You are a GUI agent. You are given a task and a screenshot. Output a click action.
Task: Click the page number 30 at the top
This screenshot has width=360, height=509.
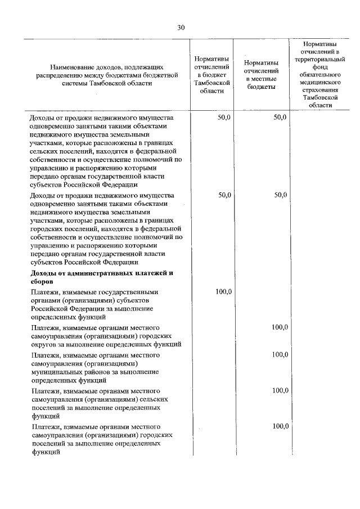[x=180, y=27]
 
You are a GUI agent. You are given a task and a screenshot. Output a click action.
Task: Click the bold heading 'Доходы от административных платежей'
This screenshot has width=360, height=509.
[x=101, y=273]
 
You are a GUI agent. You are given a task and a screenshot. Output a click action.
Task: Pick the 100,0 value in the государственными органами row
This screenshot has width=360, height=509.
[x=224, y=291]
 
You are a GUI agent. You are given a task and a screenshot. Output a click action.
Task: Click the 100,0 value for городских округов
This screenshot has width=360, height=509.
[x=280, y=327]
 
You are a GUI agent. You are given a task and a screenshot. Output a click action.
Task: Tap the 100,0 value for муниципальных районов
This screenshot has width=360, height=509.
[x=280, y=354]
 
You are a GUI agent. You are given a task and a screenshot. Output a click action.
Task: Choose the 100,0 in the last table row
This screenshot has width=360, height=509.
[x=280, y=426]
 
